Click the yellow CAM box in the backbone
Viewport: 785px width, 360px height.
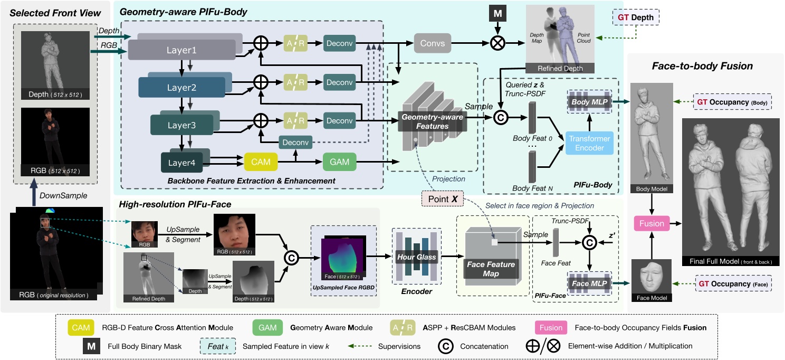(x=261, y=162)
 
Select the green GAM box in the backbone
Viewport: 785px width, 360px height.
(x=340, y=162)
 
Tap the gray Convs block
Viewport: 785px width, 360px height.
(x=433, y=44)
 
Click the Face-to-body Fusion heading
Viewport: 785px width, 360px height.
(x=702, y=67)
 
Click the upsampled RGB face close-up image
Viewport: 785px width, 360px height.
(x=234, y=232)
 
